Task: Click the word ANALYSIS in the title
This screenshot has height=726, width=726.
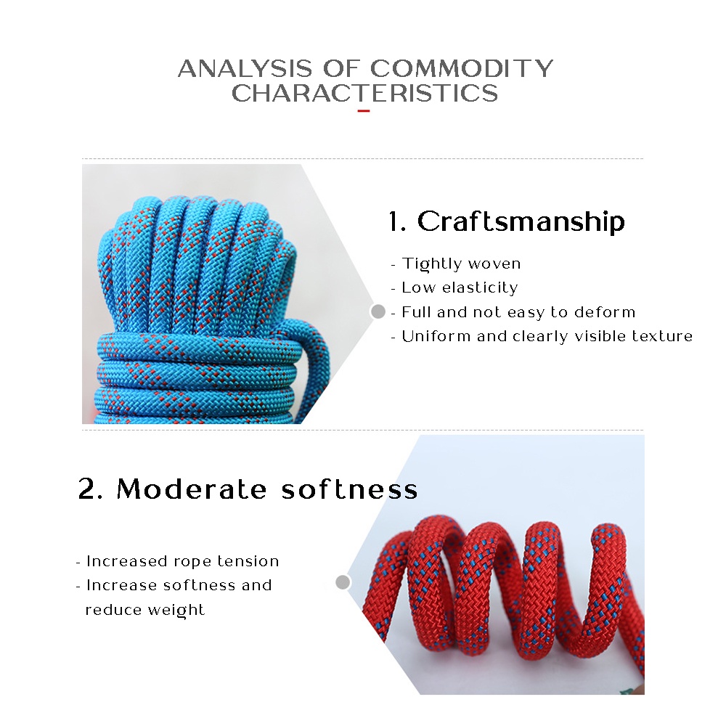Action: (245, 68)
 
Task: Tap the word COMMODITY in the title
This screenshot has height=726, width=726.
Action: (461, 68)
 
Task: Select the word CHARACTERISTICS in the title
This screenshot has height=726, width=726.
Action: (365, 93)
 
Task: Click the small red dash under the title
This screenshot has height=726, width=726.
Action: (364, 111)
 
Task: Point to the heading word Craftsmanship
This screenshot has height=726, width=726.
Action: (521, 221)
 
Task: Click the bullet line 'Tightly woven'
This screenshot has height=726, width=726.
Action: (456, 264)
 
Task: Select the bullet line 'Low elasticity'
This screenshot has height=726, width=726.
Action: (454, 287)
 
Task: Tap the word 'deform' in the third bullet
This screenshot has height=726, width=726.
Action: (605, 312)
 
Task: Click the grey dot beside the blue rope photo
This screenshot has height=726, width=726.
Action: (378, 311)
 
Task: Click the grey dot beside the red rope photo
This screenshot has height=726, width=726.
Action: (343, 582)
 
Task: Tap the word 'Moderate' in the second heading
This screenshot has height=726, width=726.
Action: (192, 489)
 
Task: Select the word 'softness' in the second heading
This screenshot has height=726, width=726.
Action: (350, 489)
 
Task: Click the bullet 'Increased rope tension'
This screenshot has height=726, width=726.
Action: (177, 561)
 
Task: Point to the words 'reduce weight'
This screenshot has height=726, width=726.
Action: (145, 610)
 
